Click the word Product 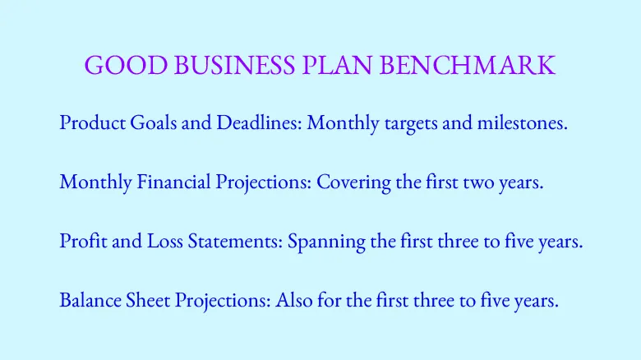tap(90, 124)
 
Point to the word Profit tap(81, 242)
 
